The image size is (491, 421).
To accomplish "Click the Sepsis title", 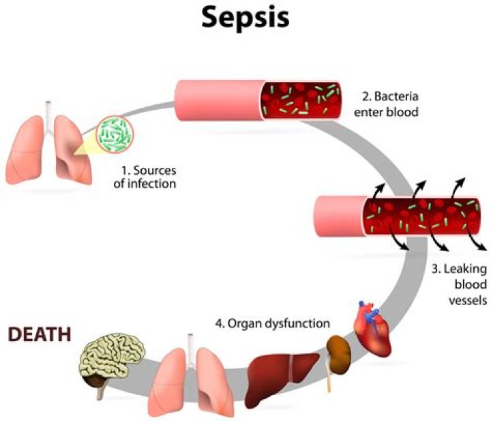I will pos(245,18).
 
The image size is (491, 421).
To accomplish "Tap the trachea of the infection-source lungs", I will pos(48,109).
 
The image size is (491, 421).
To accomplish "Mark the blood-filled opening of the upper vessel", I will pos(301,100).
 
